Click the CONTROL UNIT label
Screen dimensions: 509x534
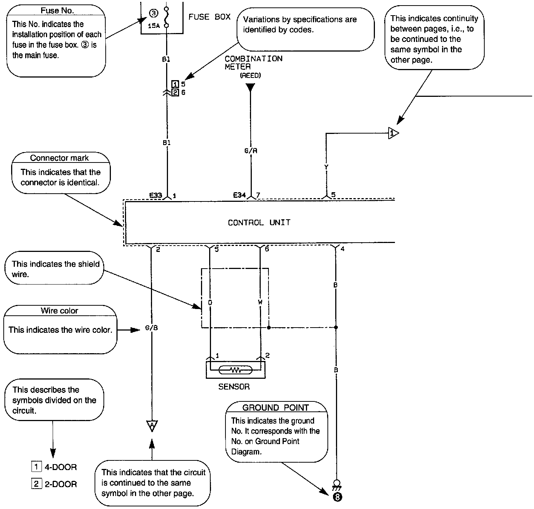point(259,223)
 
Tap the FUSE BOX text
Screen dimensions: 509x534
point(210,17)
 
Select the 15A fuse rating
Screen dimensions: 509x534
point(154,26)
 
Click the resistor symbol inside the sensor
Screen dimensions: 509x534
point(236,370)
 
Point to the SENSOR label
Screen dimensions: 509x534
point(234,387)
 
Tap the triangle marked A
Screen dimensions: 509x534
point(152,425)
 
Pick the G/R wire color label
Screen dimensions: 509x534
point(251,151)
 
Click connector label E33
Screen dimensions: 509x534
point(155,195)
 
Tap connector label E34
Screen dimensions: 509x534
point(240,195)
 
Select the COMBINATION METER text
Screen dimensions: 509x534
point(253,62)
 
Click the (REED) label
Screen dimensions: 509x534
point(250,75)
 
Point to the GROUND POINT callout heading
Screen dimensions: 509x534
point(276,408)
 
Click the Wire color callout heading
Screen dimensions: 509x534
point(59,311)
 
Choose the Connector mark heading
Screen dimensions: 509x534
point(59,158)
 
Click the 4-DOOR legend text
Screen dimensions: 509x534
point(61,467)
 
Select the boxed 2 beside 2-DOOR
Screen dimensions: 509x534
point(36,484)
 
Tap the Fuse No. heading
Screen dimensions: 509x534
point(57,11)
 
